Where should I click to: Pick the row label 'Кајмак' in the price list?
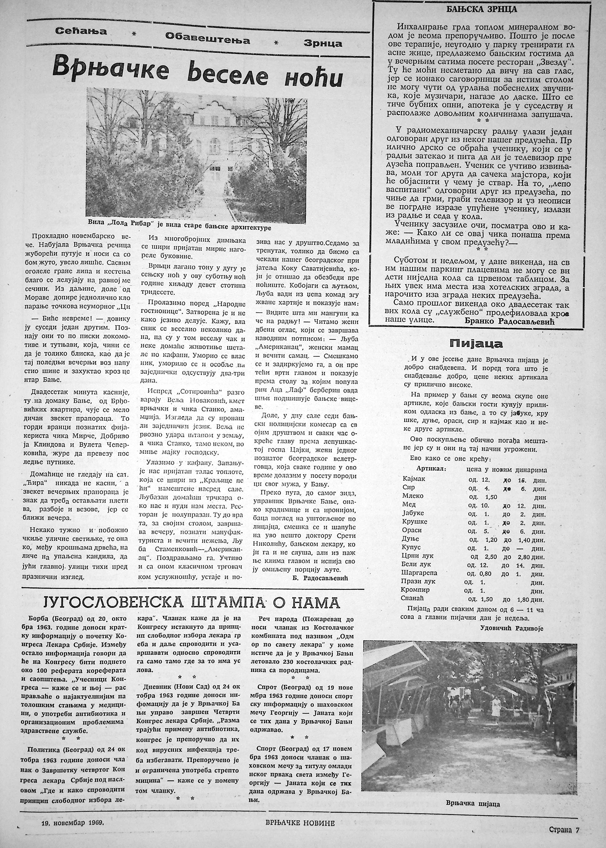click(414, 479)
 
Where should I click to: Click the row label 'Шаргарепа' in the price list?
click(420, 573)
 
